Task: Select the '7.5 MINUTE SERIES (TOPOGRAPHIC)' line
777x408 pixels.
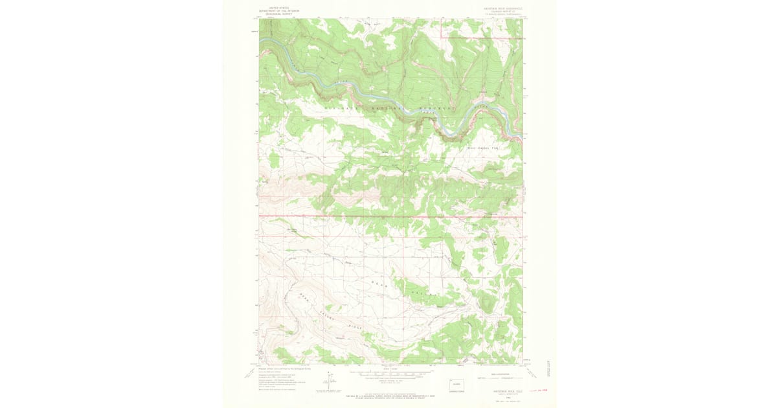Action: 499,14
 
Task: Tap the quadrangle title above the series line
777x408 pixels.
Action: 499,8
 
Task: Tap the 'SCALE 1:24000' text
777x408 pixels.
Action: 388,368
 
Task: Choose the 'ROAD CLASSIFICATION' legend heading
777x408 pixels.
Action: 499,374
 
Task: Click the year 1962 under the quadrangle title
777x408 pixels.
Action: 499,394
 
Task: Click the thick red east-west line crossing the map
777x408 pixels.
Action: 388,216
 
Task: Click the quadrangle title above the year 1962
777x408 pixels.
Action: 499,391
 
